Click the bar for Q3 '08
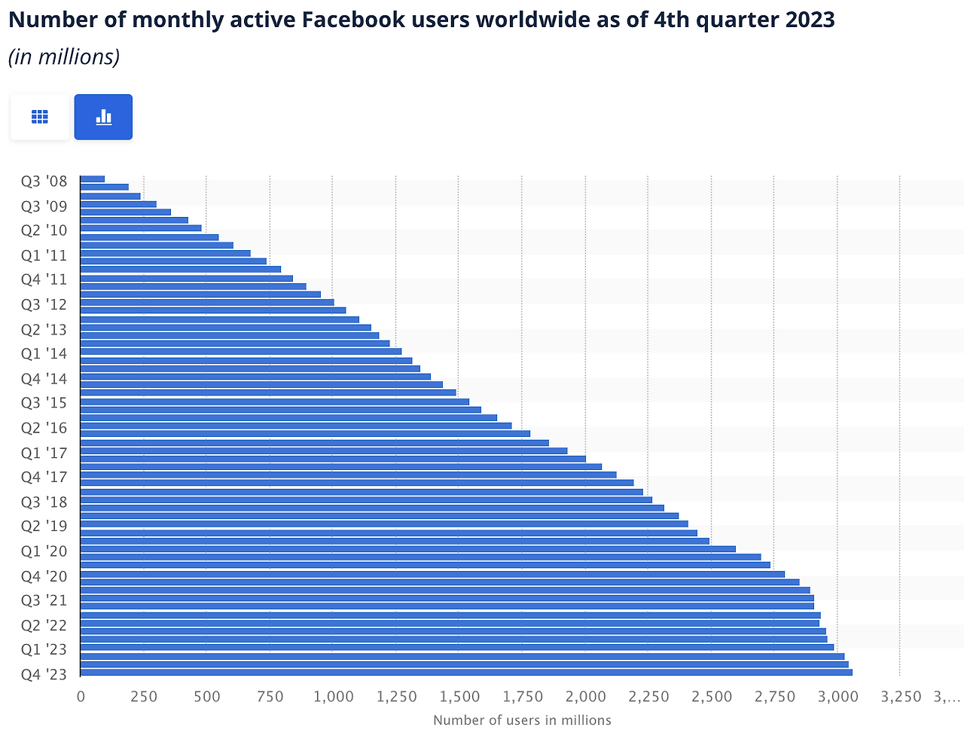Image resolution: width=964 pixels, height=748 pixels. [92, 179]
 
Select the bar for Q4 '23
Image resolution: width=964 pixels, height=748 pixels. [465, 672]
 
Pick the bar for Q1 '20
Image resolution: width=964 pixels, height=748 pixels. [407, 549]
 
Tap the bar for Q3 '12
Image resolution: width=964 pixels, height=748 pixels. [206, 302]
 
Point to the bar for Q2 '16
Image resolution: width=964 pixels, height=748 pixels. [295, 426]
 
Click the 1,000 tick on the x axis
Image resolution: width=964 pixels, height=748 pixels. [333, 697]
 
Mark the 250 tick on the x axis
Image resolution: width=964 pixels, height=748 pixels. [143, 697]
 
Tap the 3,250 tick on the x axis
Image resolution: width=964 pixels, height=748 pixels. [900, 697]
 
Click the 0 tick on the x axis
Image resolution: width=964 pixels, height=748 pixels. [81, 697]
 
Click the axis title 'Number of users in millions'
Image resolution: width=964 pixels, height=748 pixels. [522, 720]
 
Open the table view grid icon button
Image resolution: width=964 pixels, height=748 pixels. [40, 117]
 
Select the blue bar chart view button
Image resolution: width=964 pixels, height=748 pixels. [103, 117]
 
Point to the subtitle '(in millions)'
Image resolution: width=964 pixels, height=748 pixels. [64, 56]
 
